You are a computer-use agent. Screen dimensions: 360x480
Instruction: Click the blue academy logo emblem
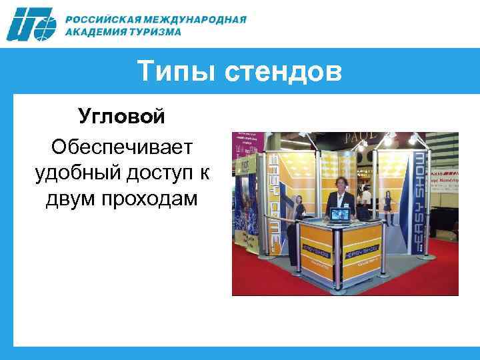click(32, 25)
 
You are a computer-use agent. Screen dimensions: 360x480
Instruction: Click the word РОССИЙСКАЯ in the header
click(102, 19)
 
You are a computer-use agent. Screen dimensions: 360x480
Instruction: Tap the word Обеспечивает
click(121, 145)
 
